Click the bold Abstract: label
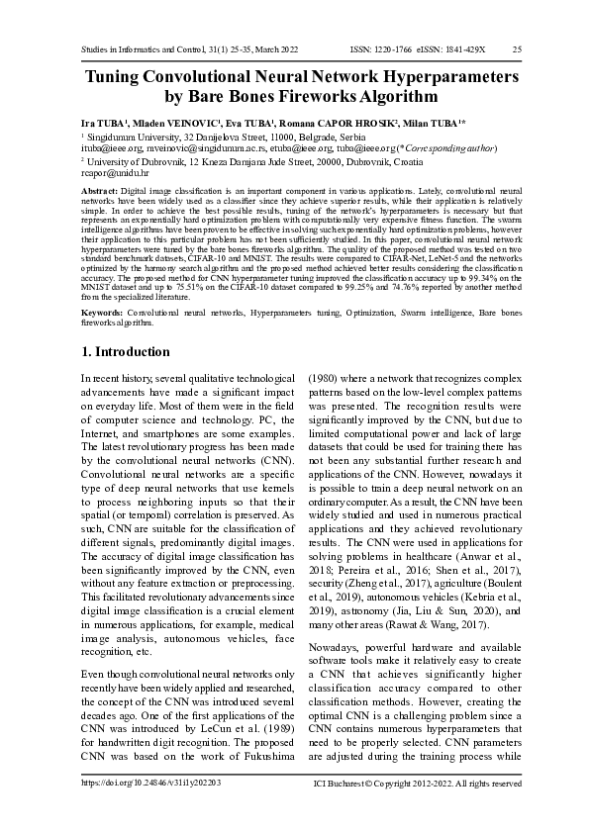[x=99, y=187]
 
